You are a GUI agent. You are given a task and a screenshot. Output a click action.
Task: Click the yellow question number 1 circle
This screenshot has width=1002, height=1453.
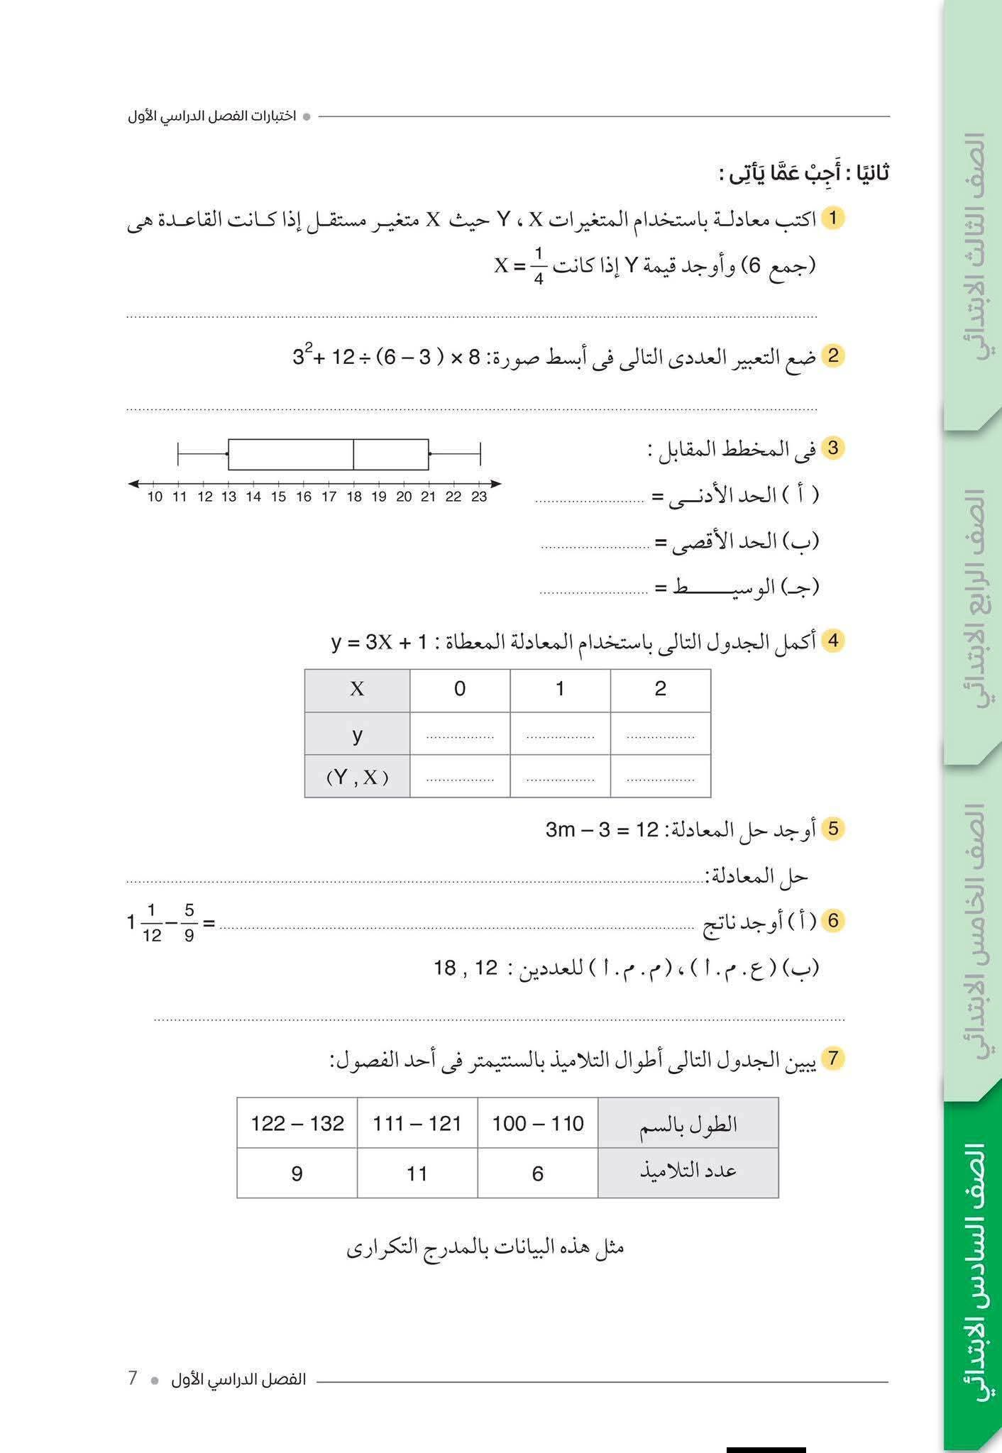(833, 219)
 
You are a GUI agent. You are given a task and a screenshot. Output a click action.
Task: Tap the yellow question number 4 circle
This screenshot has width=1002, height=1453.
(833, 641)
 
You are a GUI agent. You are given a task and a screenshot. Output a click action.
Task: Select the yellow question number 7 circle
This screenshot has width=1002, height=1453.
(833, 1059)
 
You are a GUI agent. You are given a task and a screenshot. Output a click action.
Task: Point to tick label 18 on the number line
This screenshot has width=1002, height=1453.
(353, 497)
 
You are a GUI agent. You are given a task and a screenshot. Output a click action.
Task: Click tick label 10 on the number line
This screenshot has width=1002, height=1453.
(155, 497)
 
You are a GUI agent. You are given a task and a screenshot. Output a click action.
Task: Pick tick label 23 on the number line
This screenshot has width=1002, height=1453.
(479, 497)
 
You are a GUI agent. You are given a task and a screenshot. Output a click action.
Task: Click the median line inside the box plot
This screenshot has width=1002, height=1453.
(353, 455)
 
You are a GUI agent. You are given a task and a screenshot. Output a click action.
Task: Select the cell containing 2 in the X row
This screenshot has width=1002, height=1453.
(660, 689)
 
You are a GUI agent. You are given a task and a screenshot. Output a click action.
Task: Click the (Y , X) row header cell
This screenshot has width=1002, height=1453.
(357, 777)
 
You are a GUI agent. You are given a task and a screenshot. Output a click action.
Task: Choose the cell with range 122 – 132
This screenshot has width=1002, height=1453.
(297, 1123)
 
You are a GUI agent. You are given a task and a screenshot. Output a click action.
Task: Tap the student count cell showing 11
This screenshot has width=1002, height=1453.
(417, 1173)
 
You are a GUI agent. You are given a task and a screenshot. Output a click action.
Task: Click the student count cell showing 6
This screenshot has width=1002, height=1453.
(537, 1173)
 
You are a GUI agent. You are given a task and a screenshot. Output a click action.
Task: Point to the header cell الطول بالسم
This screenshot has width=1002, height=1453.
(688, 1123)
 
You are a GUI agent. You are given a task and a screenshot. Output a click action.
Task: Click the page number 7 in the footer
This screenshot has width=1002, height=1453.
(133, 1378)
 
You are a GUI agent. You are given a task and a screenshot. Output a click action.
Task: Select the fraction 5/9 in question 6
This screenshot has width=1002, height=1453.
(189, 922)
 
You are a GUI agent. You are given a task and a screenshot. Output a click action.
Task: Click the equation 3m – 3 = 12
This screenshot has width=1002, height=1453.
(602, 829)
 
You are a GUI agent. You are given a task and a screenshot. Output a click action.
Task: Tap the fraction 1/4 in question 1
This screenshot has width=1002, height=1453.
(539, 265)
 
